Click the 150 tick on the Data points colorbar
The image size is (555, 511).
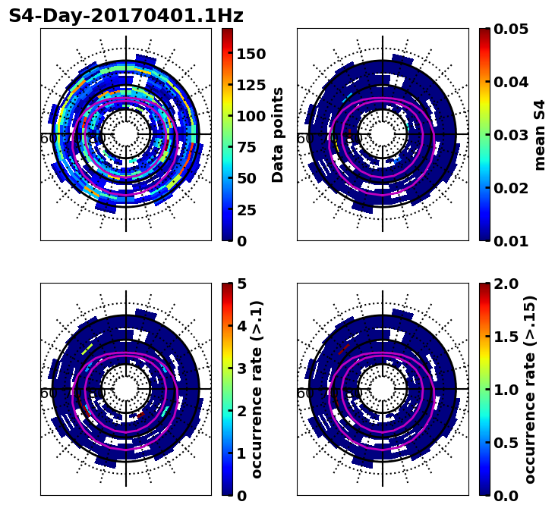251,54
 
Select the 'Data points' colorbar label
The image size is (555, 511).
278,135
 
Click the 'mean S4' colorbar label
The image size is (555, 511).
540,135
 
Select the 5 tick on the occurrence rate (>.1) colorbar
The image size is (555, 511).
241,284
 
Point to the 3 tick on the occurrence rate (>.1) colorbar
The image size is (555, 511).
241,368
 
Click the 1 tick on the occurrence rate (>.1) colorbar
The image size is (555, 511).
241,453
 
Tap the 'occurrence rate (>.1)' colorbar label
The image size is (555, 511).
257,390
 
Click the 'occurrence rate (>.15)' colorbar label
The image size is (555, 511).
530,390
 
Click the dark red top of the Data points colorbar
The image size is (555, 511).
227,31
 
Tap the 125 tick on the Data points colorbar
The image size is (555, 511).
251,85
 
